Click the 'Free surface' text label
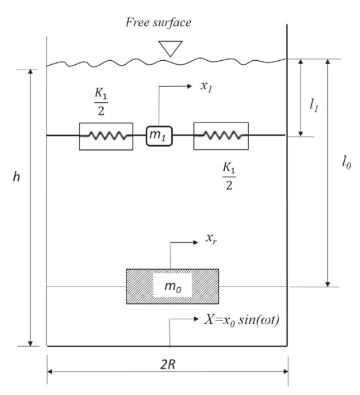point(159,23)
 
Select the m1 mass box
point(159,136)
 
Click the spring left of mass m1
point(106,136)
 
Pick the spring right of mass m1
point(221,136)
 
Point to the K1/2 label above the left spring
point(101,102)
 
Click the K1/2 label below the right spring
point(229,176)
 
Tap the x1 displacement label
point(206,86)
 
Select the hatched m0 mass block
point(173,287)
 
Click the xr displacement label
point(211,238)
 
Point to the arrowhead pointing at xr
point(195,242)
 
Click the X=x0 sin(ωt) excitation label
point(242,320)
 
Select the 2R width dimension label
point(168,364)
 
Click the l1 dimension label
point(314,105)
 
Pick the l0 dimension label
point(347,163)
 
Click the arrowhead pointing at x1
point(189,86)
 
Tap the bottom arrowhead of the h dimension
point(30,343)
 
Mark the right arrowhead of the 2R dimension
point(286,372)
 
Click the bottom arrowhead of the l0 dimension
point(327,284)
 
